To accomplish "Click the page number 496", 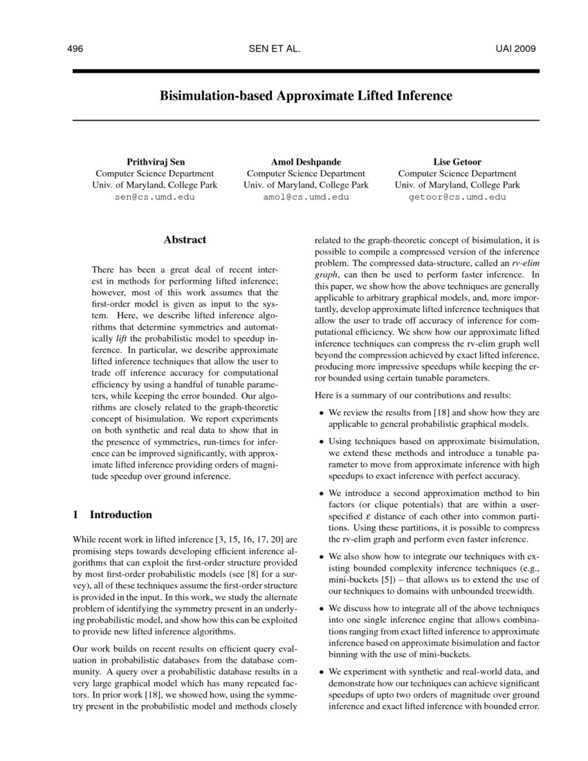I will (75, 49).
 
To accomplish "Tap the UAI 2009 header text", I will (515, 49).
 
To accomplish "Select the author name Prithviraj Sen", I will (155, 162).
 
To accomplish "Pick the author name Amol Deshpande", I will (306, 162).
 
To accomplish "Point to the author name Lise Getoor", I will (457, 162).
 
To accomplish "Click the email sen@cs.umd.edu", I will (155, 197).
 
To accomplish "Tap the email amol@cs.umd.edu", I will (306, 197).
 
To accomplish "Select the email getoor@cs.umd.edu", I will (457, 197).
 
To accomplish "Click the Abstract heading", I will (185, 240).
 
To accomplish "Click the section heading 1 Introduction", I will (112, 515).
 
